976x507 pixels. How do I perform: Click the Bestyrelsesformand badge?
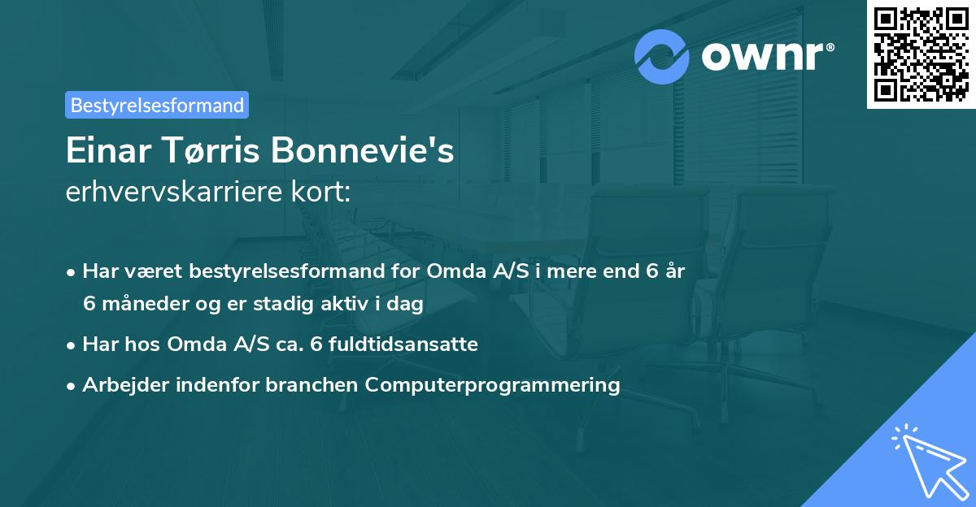157,105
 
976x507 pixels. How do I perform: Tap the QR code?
922,54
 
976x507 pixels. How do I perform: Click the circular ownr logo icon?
662,57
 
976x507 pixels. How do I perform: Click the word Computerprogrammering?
492,384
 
